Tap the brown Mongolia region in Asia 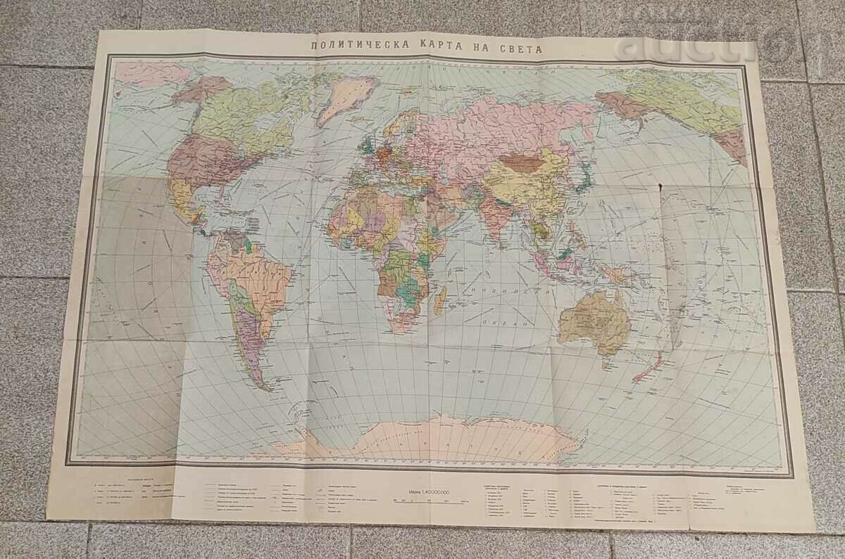point(526,163)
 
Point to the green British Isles point(365,145)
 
